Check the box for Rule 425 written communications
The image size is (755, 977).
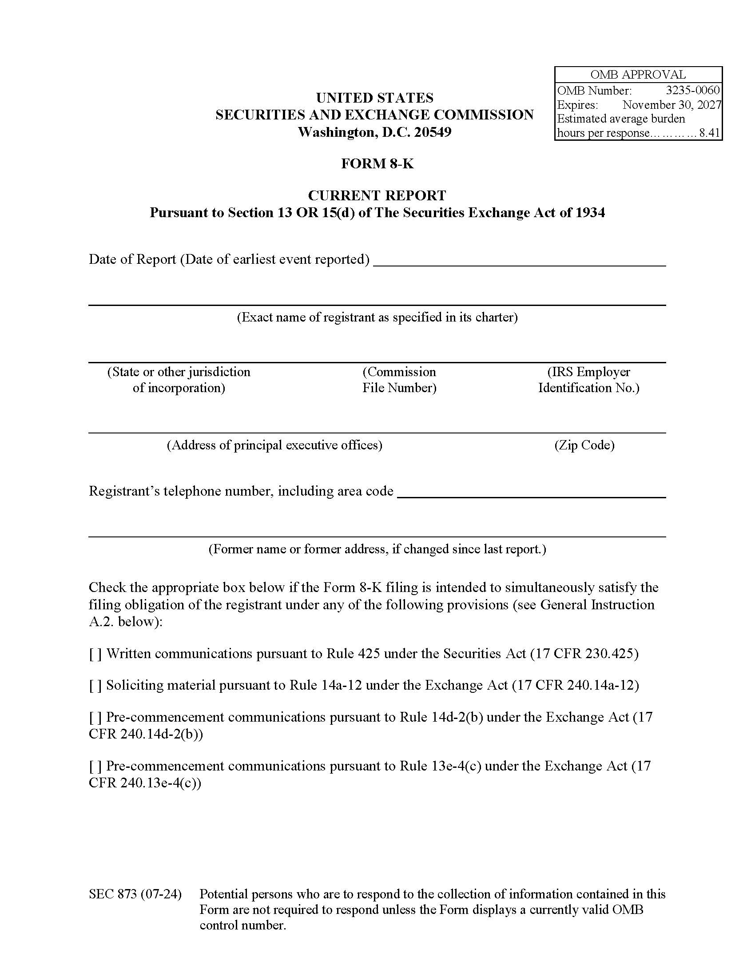coord(95,654)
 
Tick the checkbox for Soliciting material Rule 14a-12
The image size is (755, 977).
coord(95,686)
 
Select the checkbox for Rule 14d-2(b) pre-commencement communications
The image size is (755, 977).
coord(95,717)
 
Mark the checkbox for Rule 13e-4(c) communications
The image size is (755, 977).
coord(95,767)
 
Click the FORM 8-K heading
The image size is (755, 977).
coord(377,164)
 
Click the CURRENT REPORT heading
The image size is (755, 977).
coord(377,195)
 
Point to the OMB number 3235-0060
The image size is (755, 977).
coord(692,90)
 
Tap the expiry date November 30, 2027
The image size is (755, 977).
coord(672,105)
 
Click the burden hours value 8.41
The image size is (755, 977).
coord(709,133)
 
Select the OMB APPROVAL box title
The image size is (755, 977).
coord(638,75)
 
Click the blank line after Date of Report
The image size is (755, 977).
coord(519,261)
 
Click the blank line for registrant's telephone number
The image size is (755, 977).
coord(531,492)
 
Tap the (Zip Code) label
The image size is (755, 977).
coord(584,445)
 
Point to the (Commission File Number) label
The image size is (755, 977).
coord(399,380)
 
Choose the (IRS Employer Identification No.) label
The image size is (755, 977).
coord(588,380)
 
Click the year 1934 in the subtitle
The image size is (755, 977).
coord(590,212)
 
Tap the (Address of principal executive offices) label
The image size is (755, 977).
coord(274,445)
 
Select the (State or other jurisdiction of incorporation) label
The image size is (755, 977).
coord(179,380)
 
